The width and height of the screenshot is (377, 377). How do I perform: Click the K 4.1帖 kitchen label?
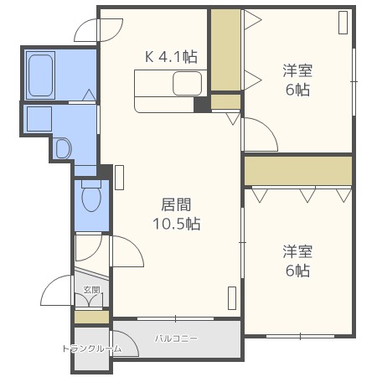tap(171, 58)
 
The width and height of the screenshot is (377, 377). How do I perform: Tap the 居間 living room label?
tap(176, 204)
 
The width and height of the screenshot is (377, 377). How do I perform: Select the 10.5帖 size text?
tap(176, 224)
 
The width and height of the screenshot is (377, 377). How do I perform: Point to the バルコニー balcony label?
tap(176, 338)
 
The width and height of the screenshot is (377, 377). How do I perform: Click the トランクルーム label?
tap(91, 349)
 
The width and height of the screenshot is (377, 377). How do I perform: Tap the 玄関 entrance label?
tap(91, 291)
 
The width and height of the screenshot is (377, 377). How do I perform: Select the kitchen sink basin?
tap(187, 84)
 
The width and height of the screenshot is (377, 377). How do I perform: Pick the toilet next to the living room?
tap(92, 199)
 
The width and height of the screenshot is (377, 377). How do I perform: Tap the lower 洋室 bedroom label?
tap(296, 250)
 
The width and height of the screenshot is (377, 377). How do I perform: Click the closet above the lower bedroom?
tap(298, 171)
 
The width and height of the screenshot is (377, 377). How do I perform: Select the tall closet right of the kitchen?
tap(225, 50)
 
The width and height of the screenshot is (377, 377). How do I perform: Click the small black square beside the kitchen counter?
tap(201, 105)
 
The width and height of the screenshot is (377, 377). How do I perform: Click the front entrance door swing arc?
tap(57, 292)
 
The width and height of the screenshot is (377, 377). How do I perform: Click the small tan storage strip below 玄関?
tap(91, 318)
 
